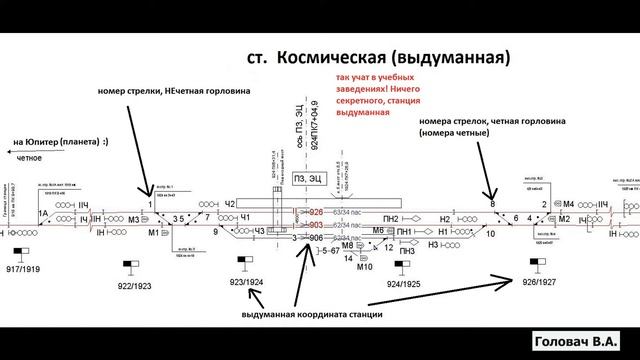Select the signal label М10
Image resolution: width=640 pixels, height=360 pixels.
coord(364,267)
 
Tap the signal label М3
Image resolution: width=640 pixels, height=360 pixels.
coord(134,219)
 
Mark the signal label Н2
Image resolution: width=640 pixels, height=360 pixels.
coord(445,218)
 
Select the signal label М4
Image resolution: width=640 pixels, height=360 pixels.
coord(568,204)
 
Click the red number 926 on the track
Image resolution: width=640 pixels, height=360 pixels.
coord(316,212)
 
